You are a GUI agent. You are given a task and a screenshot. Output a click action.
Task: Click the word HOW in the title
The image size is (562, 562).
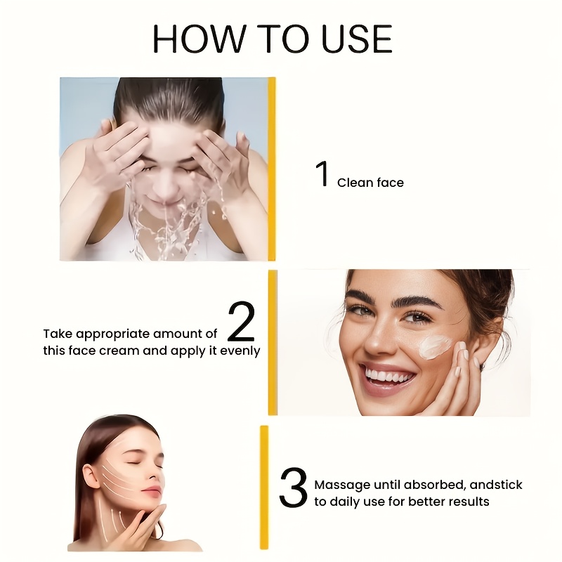(x=200, y=39)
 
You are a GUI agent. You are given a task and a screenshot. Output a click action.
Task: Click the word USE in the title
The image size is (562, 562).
(x=357, y=39)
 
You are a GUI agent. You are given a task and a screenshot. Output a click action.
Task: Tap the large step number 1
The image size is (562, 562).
(x=322, y=174)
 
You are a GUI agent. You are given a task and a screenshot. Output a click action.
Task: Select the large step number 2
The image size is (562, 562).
(x=241, y=321)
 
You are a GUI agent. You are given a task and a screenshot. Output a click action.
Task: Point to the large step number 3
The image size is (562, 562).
(x=293, y=488)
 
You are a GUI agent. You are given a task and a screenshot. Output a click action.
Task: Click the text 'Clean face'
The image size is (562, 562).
(x=370, y=183)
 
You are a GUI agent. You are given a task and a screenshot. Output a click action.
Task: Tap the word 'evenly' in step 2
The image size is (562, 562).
(x=240, y=351)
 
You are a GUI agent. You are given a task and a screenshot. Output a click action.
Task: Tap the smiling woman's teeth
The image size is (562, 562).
(x=388, y=377)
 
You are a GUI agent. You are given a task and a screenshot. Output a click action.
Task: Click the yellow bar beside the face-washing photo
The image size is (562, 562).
(x=272, y=169)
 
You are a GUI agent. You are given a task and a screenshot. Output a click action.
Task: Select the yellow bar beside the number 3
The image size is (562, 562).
(x=264, y=487)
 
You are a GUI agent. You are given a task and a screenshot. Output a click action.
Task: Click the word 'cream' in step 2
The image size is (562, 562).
(x=119, y=351)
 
